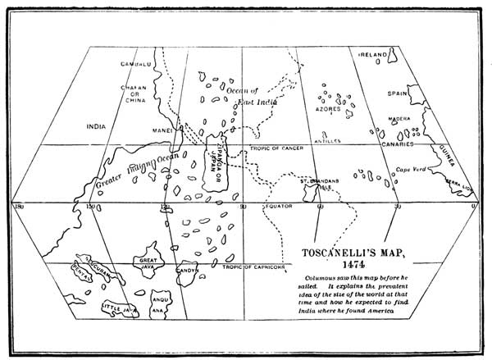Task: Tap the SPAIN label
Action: click(x=399, y=95)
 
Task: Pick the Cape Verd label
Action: click(x=412, y=170)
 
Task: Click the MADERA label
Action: click(x=399, y=118)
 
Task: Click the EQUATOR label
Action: click(x=276, y=207)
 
